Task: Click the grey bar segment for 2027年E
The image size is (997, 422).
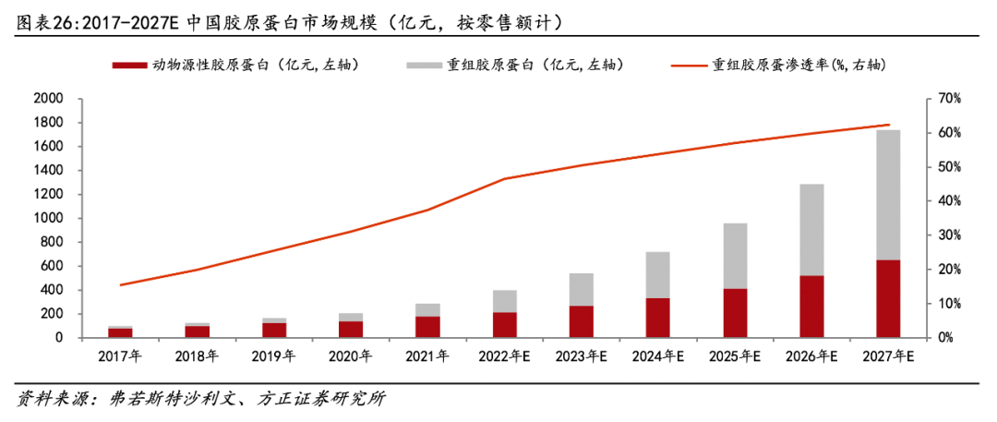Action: pos(887,195)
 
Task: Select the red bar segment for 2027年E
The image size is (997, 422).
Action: pos(887,298)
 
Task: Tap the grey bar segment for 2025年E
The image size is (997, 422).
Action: pos(735,256)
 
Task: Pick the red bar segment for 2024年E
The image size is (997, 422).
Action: pos(658,318)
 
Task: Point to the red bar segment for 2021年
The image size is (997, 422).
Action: pos(427,327)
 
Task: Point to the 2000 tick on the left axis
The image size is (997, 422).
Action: pos(47,99)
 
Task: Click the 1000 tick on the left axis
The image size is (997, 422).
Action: pos(47,218)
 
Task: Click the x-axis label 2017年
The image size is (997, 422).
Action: pos(120,356)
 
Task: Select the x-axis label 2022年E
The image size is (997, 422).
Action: pos(504,356)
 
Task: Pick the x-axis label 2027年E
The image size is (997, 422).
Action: pos(887,356)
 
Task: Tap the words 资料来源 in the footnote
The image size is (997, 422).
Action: pos(46,399)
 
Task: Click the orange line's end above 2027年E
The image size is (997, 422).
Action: pos(888,125)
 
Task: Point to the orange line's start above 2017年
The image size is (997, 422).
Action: pos(121,284)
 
